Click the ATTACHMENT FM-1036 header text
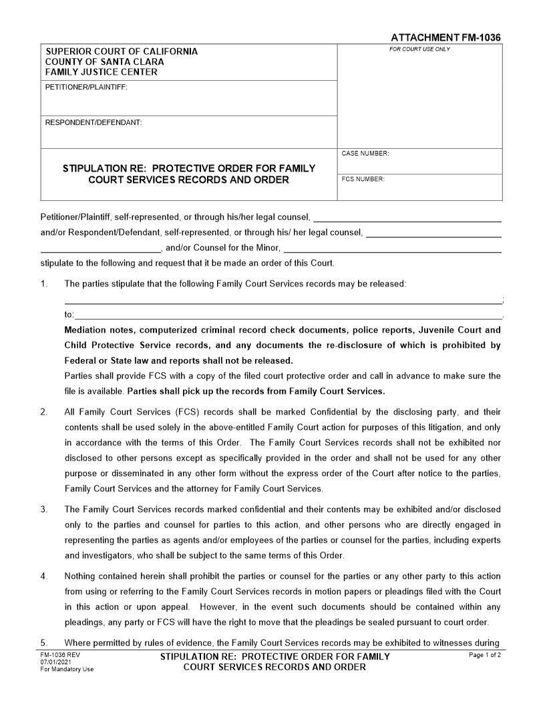pyautogui.click(x=445, y=38)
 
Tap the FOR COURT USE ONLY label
pyautogui.click(x=419, y=49)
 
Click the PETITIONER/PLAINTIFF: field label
pyautogui.click(x=85, y=87)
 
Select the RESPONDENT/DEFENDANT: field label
pyautogui.click(x=93, y=123)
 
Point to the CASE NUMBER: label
pyautogui.click(x=365, y=154)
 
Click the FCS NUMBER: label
pyautogui.click(x=363, y=180)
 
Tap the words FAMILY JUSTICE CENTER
pyautogui.click(x=102, y=72)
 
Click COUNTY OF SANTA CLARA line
pyautogui.click(x=104, y=62)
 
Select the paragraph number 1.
pyautogui.click(x=44, y=284)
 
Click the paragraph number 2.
pyautogui.click(x=44, y=412)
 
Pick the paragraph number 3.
pyautogui.click(x=44, y=509)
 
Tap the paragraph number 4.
pyautogui.click(x=44, y=576)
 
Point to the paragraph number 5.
pyautogui.click(x=44, y=642)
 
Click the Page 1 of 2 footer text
pyautogui.click(x=485, y=656)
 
